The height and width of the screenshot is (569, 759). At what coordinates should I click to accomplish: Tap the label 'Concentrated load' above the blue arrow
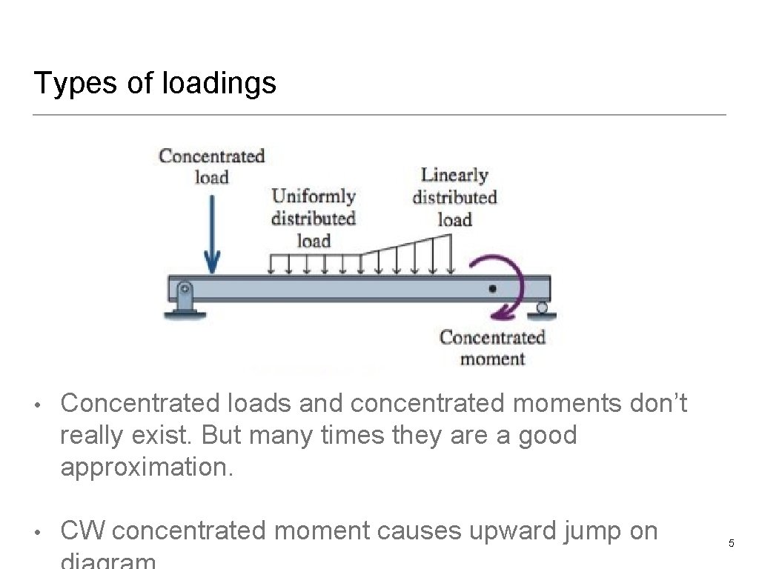[211, 166]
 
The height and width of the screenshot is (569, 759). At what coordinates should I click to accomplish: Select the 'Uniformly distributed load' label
[314, 218]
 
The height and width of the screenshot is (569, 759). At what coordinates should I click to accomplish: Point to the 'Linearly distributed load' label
[454, 197]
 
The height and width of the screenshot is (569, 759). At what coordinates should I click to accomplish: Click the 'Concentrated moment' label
[492, 348]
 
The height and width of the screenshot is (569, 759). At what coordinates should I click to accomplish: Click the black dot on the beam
[492, 288]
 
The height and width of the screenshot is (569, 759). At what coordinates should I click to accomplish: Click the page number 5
[731, 544]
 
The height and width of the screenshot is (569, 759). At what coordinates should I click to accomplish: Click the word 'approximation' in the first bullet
[145, 467]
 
